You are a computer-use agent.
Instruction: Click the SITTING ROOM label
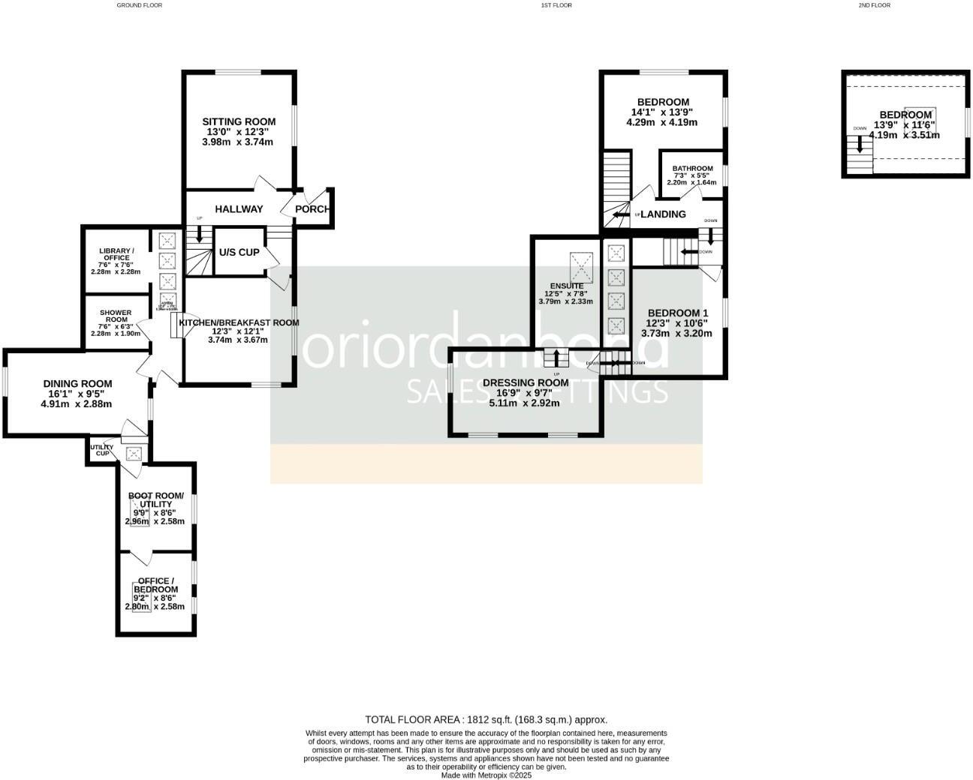pyautogui.click(x=239, y=121)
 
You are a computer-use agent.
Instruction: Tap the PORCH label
pyautogui.click(x=312, y=208)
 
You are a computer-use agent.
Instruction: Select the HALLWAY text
pyautogui.click(x=239, y=209)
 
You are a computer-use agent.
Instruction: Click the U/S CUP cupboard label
pyautogui.click(x=239, y=252)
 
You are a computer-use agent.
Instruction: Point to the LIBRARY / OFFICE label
pyautogui.click(x=116, y=254)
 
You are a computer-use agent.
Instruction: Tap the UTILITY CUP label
pyautogui.click(x=101, y=450)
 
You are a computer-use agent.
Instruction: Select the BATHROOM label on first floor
pyautogui.click(x=692, y=169)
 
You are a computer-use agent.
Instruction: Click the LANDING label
pyautogui.click(x=663, y=214)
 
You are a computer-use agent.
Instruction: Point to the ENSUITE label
pyautogui.click(x=566, y=286)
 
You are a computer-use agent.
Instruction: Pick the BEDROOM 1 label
pyautogui.click(x=677, y=313)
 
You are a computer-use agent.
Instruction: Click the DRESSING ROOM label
pyautogui.click(x=526, y=382)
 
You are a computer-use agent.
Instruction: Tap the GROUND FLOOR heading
pyautogui.click(x=139, y=5)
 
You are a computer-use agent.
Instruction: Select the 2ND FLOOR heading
pyautogui.click(x=874, y=5)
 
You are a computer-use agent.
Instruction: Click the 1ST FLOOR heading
pyautogui.click(x=556, y=5)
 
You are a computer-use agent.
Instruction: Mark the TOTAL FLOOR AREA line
pyautogui.click(x=486, y=719)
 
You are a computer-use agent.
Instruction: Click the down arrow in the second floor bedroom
pyautogui.click(x=860, y=142)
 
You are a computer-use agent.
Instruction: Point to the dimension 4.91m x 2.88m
pyautogui.click(x=76, y=403)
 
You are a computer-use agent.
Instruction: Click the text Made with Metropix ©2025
pyautogui.click(x=486, y=775)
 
